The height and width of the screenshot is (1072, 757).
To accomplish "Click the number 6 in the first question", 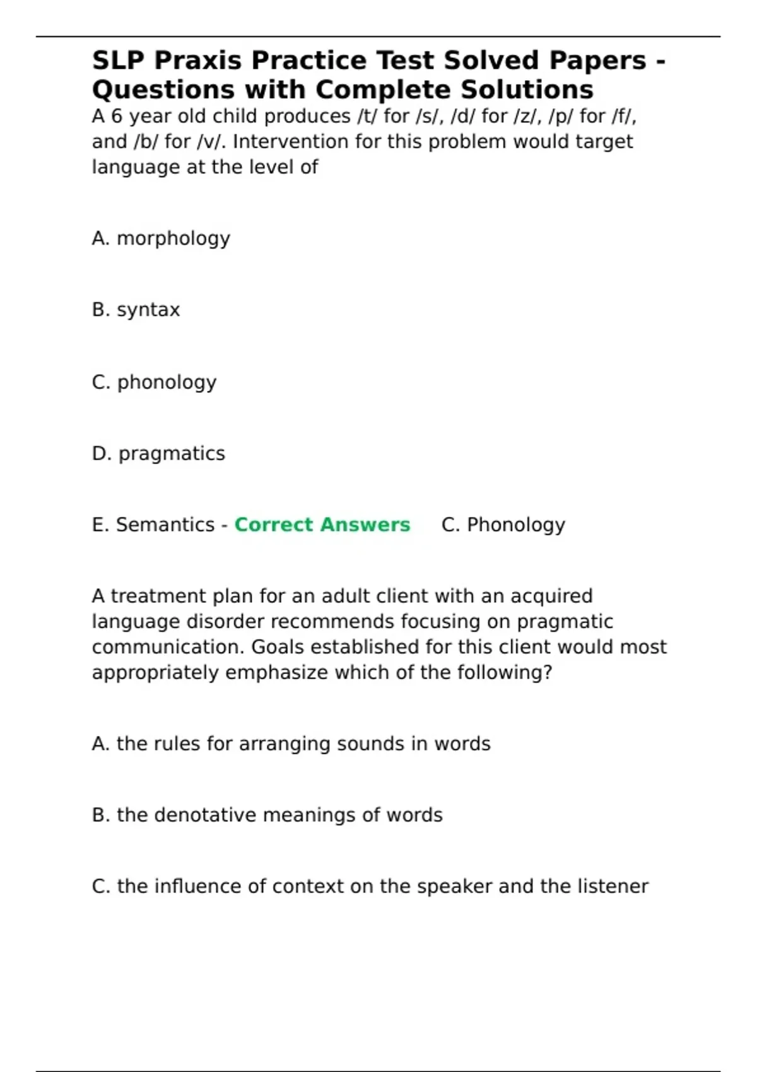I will tap(117, 117).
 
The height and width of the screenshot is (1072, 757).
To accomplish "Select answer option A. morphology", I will tap(161, 238).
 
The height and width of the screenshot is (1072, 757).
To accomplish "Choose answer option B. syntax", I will tap(136, 310).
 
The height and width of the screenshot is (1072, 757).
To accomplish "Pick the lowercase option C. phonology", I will tap(154, 382).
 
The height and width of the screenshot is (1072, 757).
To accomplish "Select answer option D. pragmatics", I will tap(158, 453).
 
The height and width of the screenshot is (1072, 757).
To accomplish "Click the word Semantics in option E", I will tap(165, 525).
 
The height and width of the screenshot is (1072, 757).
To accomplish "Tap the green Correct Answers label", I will tap(322, 525).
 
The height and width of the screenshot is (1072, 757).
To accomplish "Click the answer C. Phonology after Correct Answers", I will tap(503, 525).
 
